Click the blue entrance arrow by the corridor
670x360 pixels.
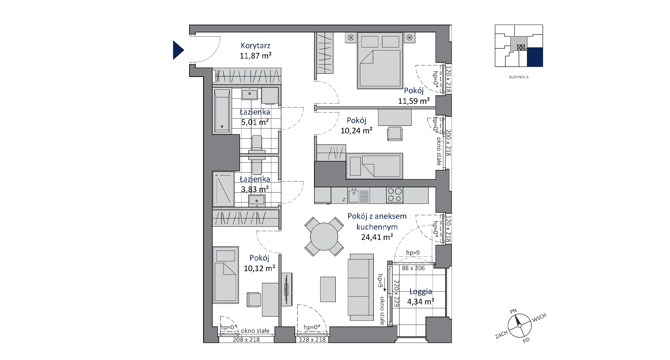point(177,50)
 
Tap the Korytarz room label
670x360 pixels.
point(255,46)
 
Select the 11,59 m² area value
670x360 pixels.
point(414,100)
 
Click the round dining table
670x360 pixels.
point(324,236)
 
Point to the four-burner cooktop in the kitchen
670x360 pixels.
point(395,195)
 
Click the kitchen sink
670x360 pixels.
point(354,195)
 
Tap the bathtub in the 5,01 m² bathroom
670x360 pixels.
point(222,110)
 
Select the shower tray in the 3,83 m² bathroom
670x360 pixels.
point(224,189)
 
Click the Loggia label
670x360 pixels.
point(421,291)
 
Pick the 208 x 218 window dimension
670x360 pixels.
point(246,340)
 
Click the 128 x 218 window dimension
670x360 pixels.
point(312,340)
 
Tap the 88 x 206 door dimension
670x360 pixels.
point(413,268)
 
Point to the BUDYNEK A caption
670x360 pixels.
point(519,77)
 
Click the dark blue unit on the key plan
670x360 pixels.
point(535,57)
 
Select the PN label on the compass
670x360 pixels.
point(513,311)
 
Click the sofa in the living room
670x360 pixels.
point(361,287)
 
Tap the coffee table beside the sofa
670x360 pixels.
point(328,289)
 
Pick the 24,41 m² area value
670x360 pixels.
point(377,237)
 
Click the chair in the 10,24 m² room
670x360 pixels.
point(395,133)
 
